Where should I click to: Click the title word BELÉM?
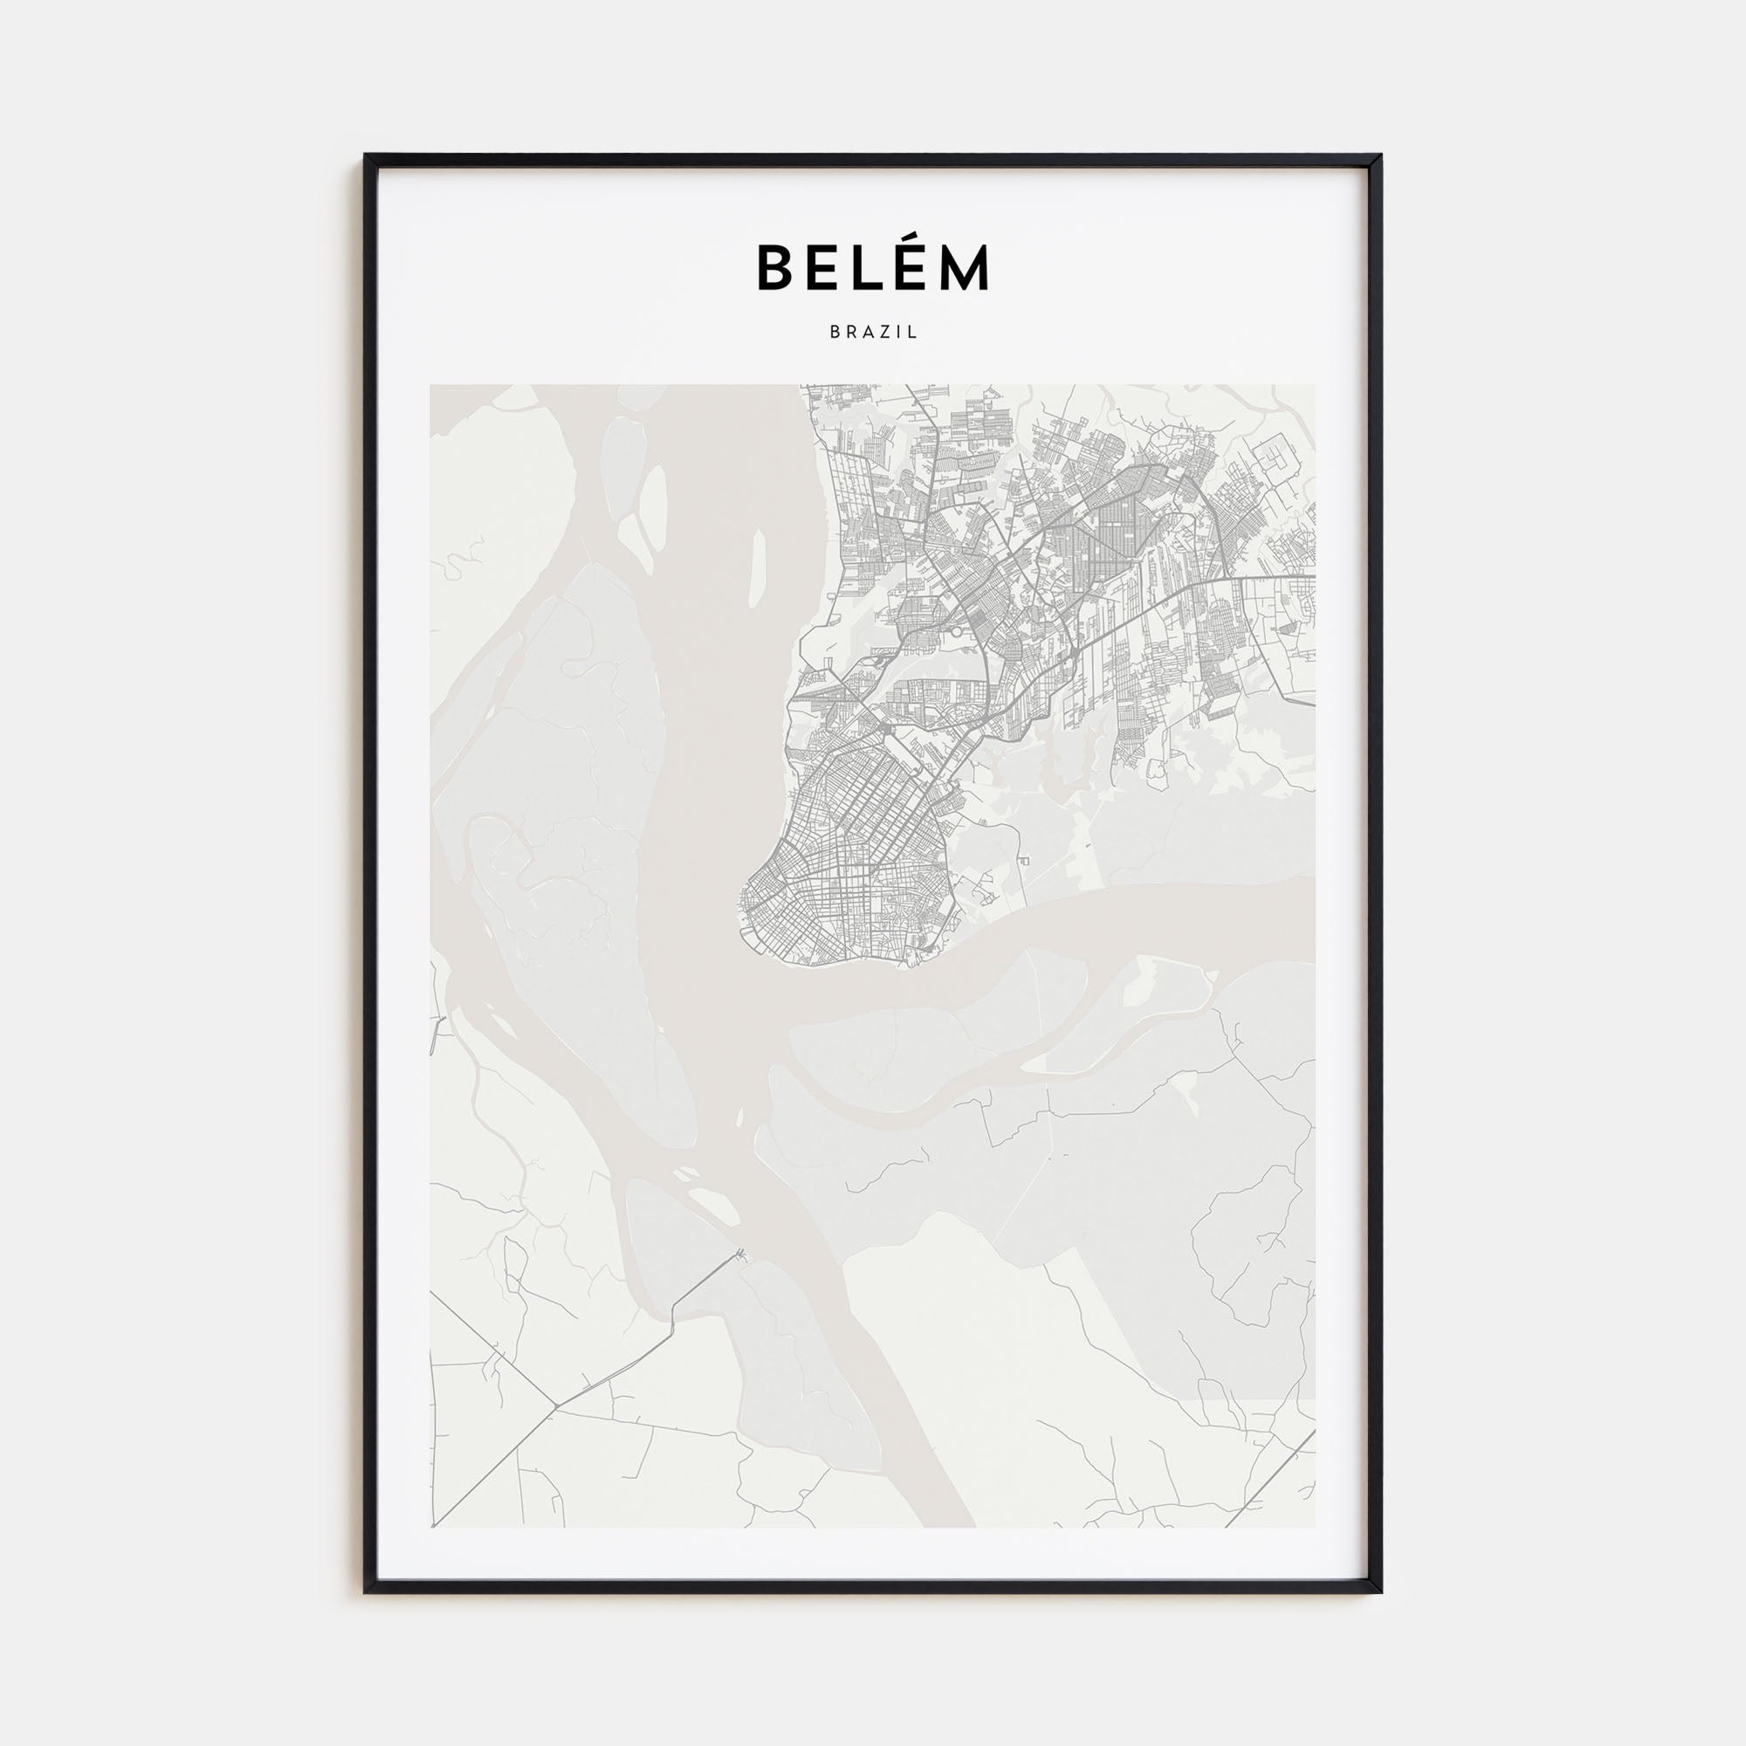873,267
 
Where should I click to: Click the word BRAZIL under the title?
873,333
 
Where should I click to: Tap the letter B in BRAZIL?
834,333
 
